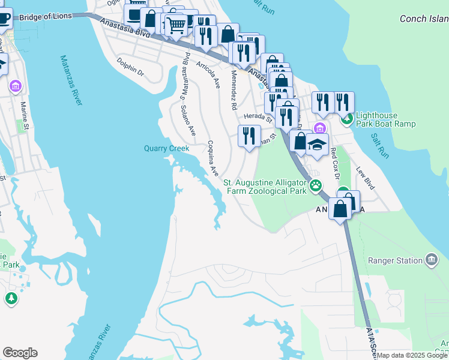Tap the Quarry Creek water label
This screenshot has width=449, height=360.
coord(166,148)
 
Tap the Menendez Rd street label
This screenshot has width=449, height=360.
coord(234,91)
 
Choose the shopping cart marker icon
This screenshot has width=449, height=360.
coord(175,26)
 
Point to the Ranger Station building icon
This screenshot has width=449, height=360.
coord(431,260)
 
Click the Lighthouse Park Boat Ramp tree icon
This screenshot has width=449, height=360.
coord(347,119)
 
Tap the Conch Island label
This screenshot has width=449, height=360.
coord(424,19)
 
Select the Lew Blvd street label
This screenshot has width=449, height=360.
coord(366,178)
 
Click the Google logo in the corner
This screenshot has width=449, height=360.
coord(20,353)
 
